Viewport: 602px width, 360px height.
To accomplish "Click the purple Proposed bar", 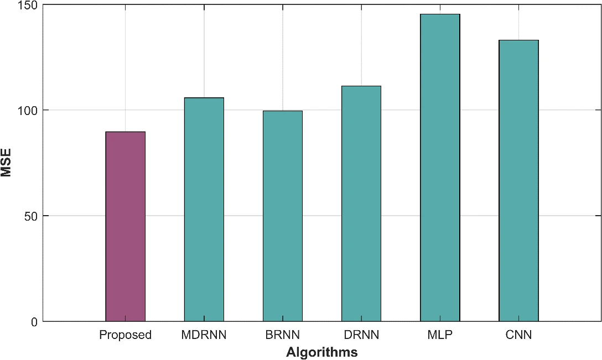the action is tap(125, 226).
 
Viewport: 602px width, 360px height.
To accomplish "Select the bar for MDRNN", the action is tap(204, 210).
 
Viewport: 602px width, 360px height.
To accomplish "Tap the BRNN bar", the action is tap(283, 216).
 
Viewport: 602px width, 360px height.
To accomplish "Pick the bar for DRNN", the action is tap(361, 204).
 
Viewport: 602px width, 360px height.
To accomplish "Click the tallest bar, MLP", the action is tap(440, 168).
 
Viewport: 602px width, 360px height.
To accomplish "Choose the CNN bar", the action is tap(518, 181).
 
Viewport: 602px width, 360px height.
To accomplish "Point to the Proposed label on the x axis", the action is tap(125, 335).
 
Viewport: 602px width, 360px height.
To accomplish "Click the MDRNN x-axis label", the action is tap(204, 335).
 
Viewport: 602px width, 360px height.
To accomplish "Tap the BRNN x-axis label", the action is tap(283, 335).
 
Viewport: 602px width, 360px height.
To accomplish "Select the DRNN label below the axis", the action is tap(361, 335).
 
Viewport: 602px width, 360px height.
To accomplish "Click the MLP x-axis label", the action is tap(440, 335).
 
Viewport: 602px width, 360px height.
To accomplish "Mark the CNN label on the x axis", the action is tap(518, 335).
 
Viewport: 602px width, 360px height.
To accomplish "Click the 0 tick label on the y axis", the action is tap(34, 322).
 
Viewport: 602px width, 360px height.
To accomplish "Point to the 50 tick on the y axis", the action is tap(31, 216).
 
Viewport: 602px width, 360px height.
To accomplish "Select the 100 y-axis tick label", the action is tap(27, 111).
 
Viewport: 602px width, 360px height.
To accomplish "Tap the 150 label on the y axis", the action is tap(27, 5).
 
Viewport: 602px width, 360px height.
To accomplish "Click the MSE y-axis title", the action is tap(6, 163).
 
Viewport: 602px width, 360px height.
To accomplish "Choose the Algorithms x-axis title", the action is tap(321, 352).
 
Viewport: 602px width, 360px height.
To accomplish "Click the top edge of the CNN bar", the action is tap(518, 40).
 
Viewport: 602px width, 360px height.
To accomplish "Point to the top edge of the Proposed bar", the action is tap(125, 132).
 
